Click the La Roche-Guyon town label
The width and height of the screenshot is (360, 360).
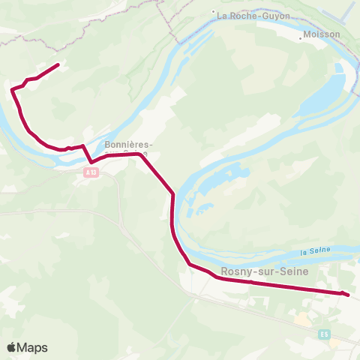pyautogui.click(x=253, y=15)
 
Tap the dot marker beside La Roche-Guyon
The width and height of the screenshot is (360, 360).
pyautogui.click(x=214, y=12)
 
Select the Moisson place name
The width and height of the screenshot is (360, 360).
pyautogui.click(x=323, y=34)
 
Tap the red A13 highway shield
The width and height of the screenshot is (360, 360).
pyautogui.click(x=91, y=172)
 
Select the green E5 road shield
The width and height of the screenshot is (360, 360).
pyautogui.click(x=324, y=334)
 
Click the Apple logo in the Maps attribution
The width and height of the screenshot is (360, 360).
pyautogui.click(x=11, y=348)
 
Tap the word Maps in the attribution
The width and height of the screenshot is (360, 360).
pyautogui.click(x=32, y=348)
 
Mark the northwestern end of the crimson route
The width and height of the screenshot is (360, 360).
pyautogui.click(x=58, y=65)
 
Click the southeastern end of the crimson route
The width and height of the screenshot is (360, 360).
pyautogui.click(x=348, y=295)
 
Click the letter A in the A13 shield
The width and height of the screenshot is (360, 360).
pyautogui.click(x=87, y=172)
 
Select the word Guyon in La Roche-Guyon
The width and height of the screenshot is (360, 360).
pyautogui.click(x=274, y=15)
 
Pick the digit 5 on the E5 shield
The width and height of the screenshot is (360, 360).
pyautogui.click(x=326, y=334)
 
